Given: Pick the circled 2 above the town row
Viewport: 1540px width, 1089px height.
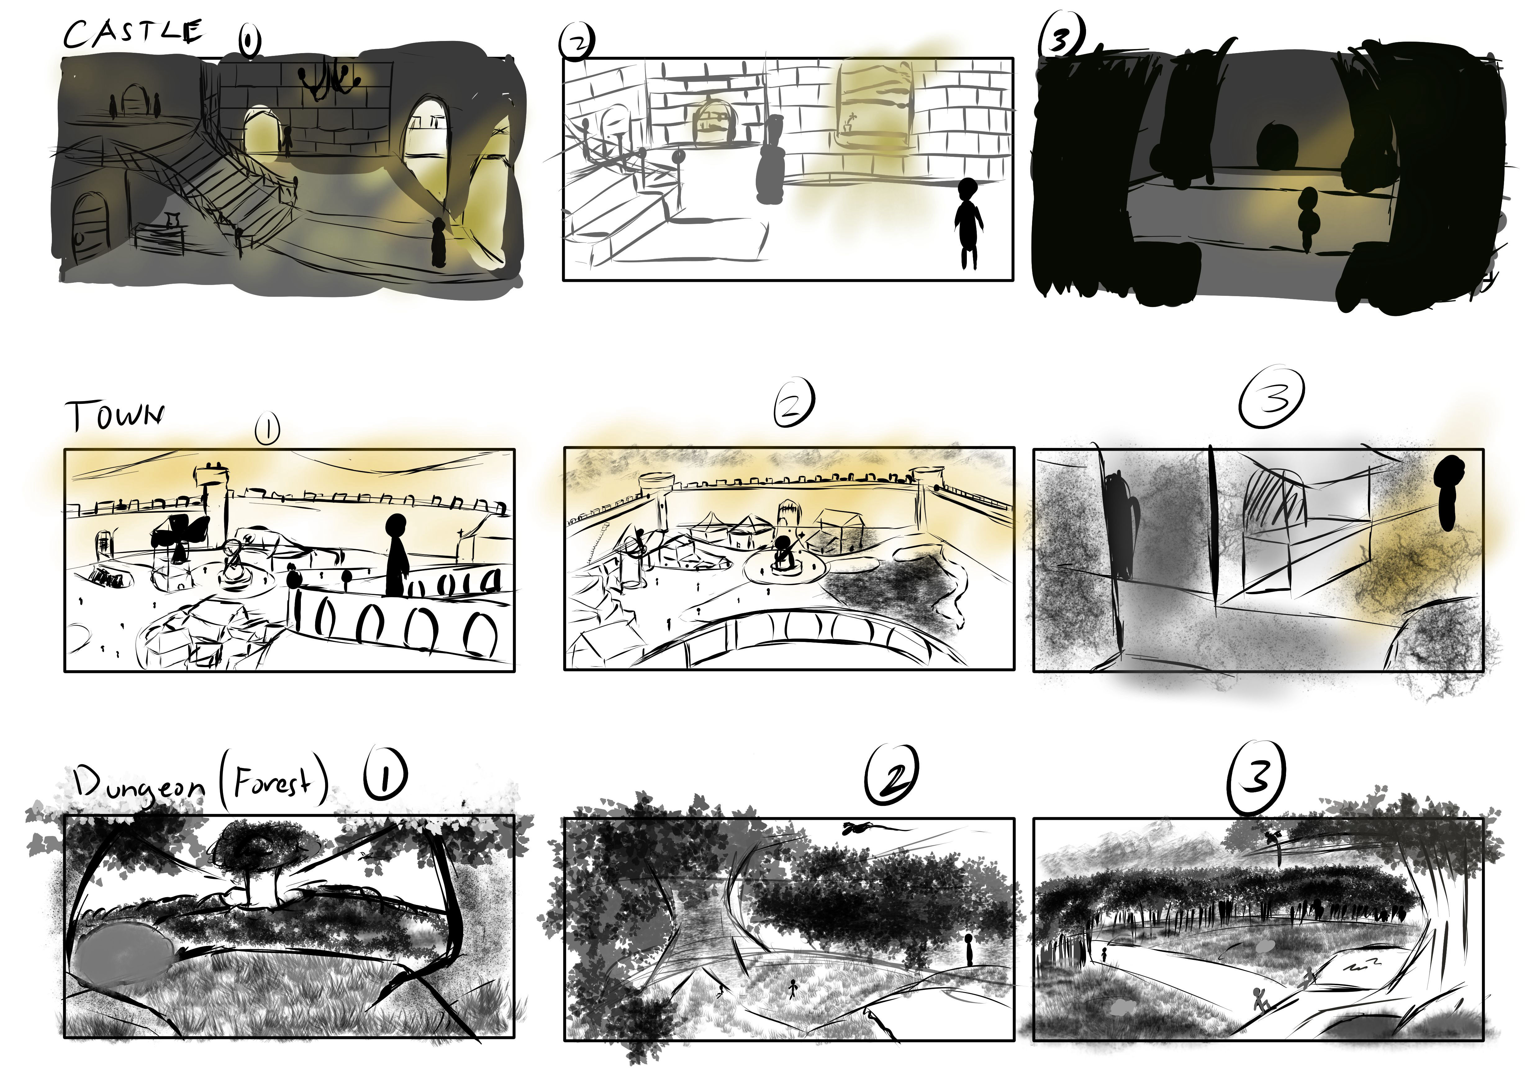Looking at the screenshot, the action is click(794, 403).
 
